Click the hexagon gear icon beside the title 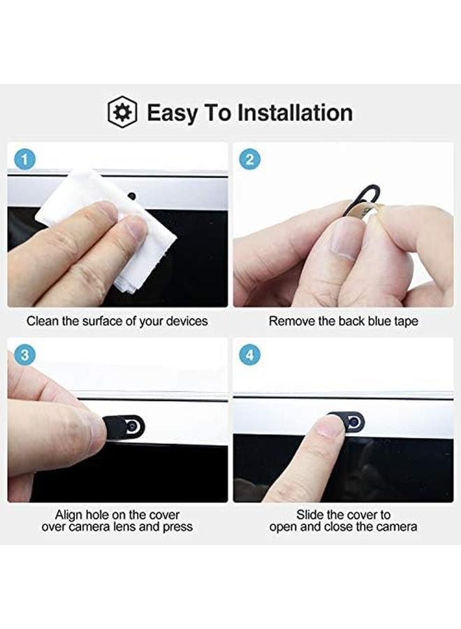pos(122,112)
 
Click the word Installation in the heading pos(295,113)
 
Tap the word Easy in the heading pos(172,113)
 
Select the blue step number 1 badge pos(25,160)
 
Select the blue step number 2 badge pos(250,160)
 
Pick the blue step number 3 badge pos(25,356)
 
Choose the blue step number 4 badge pos(250,356)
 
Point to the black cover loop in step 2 pos(363,192)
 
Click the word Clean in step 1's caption pos(41,321)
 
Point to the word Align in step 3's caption pos(68,515)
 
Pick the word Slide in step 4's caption pos(309,515)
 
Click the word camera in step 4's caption pos(395,526)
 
